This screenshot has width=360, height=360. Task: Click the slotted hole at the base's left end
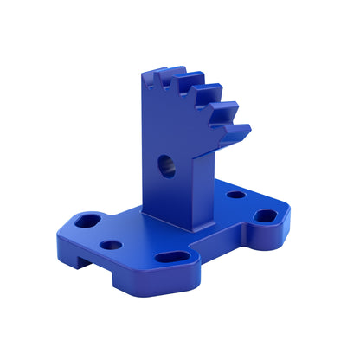tap(87, 221)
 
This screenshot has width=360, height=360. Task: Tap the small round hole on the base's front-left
tap(111, 245)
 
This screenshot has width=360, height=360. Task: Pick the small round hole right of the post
tap(235, 195)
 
